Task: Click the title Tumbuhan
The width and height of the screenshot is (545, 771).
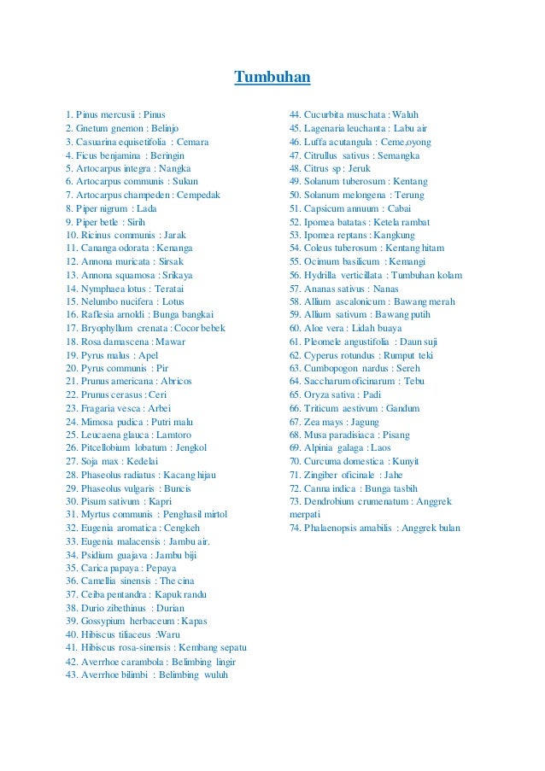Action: [272, 79]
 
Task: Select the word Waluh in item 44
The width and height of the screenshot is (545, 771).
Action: [404, 114]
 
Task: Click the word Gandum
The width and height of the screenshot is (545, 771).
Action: [402, 408]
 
